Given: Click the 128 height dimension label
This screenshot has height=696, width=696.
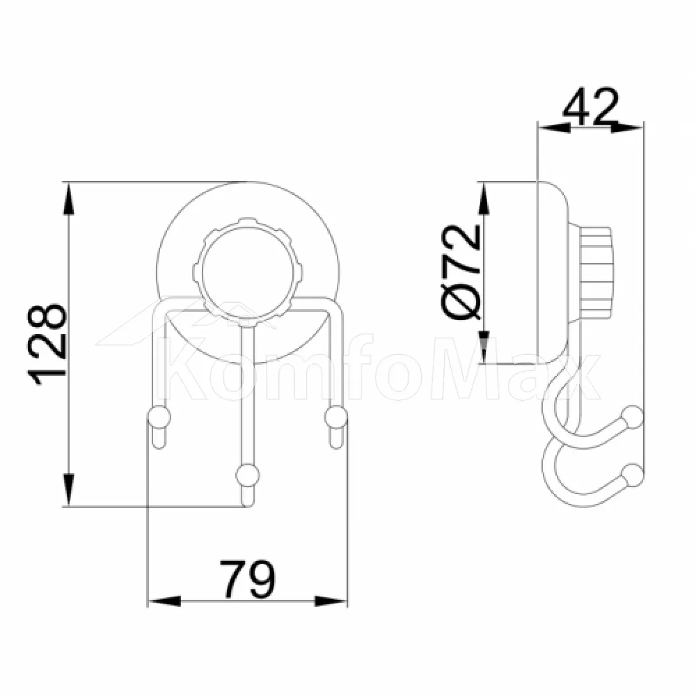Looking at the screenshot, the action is click(47, 344).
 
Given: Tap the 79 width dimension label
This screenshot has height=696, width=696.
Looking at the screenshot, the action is click(248, 580).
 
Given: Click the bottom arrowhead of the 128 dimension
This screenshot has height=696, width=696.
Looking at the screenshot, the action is click(68, 489).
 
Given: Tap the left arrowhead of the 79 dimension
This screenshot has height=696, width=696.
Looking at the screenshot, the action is click(164, 601).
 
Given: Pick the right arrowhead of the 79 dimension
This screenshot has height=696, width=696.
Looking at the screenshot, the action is click(330, 601).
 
